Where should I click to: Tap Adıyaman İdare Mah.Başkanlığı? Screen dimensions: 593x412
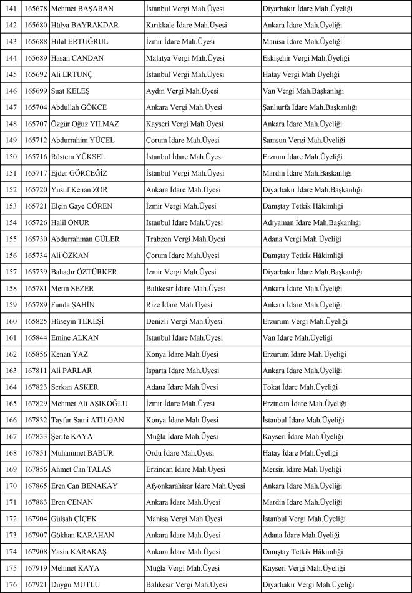[311, 222]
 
